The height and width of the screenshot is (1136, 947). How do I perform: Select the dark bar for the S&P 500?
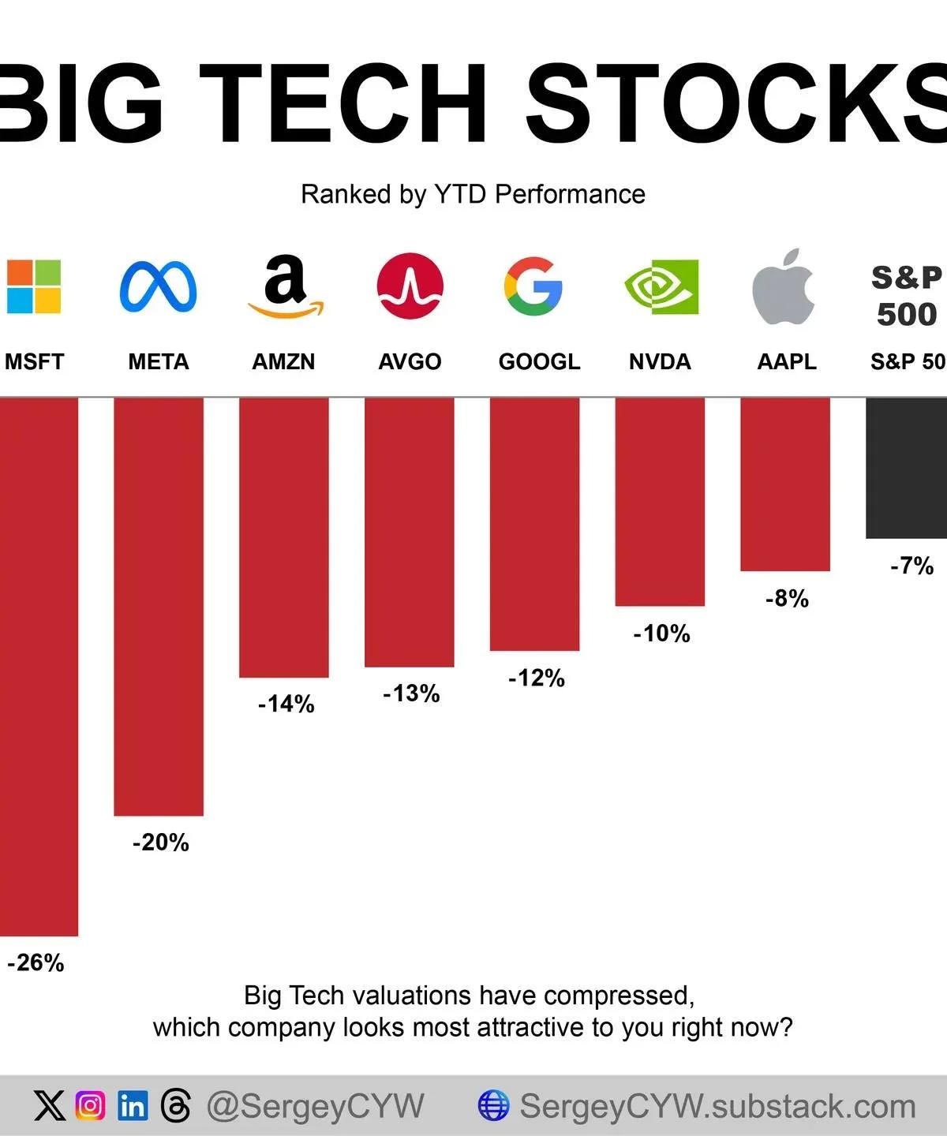click(x=906, y=468)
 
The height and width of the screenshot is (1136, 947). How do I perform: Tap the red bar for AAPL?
click(x=785, y=484)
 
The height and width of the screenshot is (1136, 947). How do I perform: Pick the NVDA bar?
click(x=660, y=502)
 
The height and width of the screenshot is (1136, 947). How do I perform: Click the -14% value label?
click(x=286, y=704)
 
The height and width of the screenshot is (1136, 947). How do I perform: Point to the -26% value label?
click(x=36, y=962)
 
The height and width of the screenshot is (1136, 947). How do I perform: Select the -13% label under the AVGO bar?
click(x=411, y=693)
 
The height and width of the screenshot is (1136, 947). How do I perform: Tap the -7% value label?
click(x=911, y=566)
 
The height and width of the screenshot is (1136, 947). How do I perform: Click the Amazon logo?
click(x=285, y=286)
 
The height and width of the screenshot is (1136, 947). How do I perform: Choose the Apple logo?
click(x=784, y=287)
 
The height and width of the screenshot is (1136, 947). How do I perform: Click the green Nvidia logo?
click(x=661, y=286)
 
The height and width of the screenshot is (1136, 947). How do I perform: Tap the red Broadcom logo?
click(x=410, y=286)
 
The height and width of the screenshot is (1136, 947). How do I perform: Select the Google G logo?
click(x=533, y=286)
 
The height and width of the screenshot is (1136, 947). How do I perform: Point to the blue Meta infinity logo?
click(x=159, y=286)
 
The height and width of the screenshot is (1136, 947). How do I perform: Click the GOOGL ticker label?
click(x=539, y=361)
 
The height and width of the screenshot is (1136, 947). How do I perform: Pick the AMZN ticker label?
click(x=283, y=361)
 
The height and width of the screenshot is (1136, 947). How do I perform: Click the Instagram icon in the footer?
click(x=90, y=1106)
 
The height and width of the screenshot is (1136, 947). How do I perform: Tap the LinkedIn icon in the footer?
click(x=133, y=1106)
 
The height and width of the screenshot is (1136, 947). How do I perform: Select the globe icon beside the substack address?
click(x=493, y=1106)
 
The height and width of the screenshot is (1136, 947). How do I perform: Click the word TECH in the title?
click(x=342, y=103)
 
